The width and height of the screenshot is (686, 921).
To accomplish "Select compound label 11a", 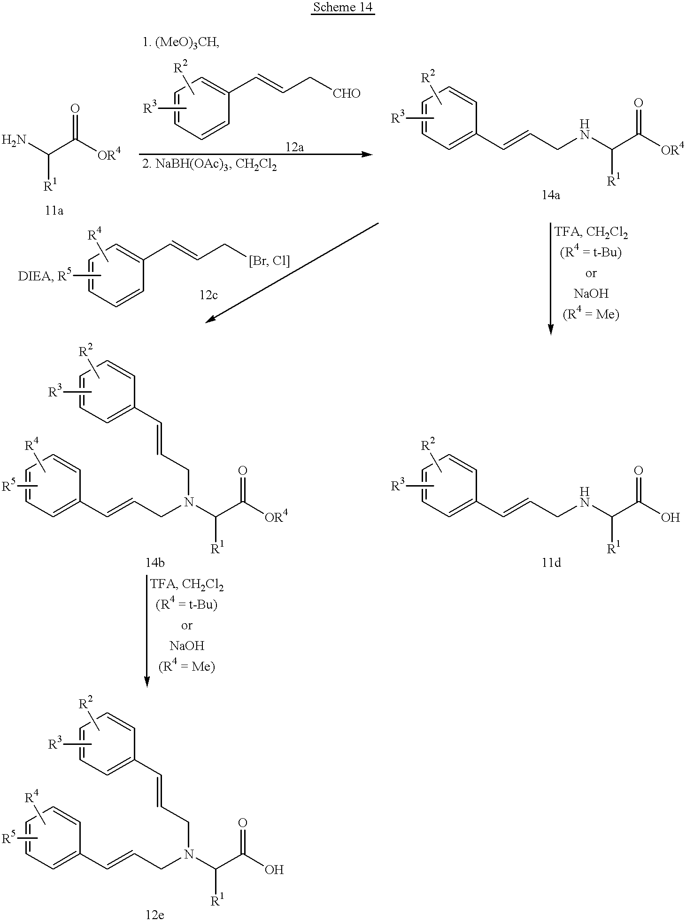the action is [54, 210].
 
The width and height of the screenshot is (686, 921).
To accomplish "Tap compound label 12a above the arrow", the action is [294, 147].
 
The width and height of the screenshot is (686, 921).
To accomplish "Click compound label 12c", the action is [208, 295].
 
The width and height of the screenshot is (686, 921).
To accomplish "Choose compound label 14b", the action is [155, 563].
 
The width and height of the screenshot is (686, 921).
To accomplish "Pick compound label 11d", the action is [551, 563].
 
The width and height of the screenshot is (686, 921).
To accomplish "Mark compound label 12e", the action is [155, 914].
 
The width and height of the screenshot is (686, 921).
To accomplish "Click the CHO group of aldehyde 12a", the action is [347, 93].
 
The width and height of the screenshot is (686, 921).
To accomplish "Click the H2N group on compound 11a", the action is [15, 139].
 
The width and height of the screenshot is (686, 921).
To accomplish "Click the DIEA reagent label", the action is [35, 277].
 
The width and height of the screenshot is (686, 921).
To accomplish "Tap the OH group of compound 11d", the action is [670, 518].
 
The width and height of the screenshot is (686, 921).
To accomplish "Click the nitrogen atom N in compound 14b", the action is [188, 503].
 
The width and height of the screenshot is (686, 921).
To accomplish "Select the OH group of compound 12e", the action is [274, 870].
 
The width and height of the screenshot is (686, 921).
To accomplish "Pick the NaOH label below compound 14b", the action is [187, 646].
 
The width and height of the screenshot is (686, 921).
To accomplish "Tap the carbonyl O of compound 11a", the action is [75, 108].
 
